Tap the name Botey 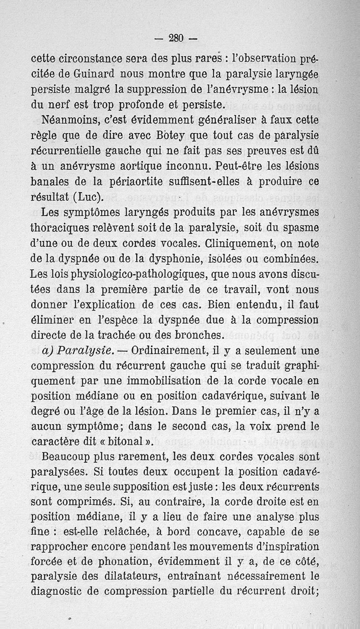153,136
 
